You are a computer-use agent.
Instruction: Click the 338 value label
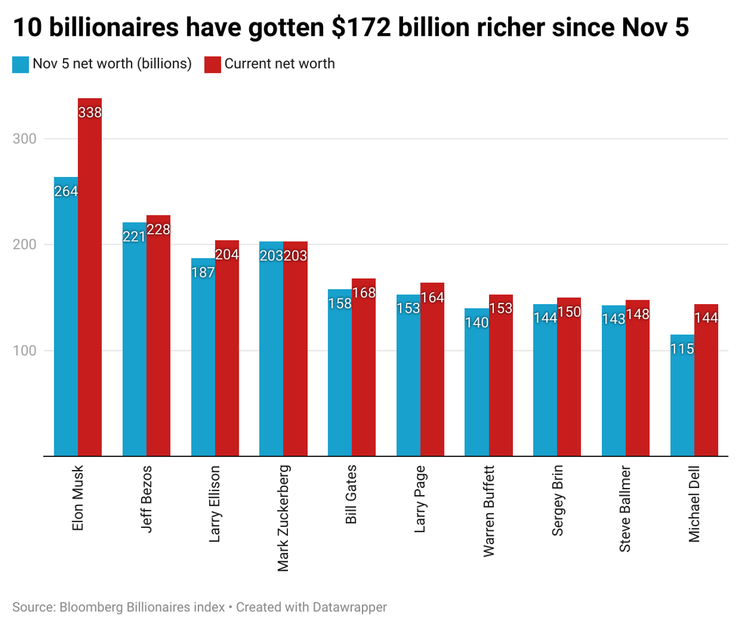click(x=90, y=113)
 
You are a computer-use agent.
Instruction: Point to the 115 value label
click(x=682, y=349)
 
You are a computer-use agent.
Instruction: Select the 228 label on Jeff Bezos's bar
click(x=158, y=230)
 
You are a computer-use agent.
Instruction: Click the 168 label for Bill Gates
click(x=364, y=293)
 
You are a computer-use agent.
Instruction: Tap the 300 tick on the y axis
click(x=24, y=139)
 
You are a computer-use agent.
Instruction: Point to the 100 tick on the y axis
click(x=24, y=350)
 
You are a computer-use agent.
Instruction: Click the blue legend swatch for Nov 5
click(x=20, y=64)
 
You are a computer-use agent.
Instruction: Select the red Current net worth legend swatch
click(x=213, y=64)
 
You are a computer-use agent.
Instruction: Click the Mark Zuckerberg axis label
click(x=283, y=518)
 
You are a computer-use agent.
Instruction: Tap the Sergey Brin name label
click(x=557, y=500)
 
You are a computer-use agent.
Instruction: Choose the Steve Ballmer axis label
click(x=625, y=509)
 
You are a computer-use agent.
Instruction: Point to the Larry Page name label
click(x=420, y=498)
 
